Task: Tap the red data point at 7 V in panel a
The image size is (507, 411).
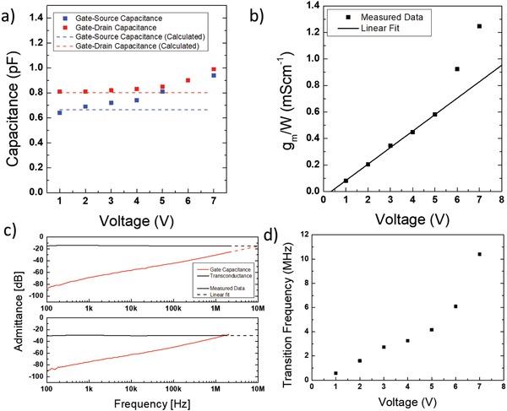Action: [214, 69]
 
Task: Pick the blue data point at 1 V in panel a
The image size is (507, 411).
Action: [59, 112]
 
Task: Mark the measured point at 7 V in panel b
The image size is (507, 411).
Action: [479, 26]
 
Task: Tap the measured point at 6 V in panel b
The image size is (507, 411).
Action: [457, 69]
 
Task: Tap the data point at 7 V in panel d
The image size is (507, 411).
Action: [479, 254]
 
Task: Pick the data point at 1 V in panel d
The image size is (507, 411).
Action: [335, 373]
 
